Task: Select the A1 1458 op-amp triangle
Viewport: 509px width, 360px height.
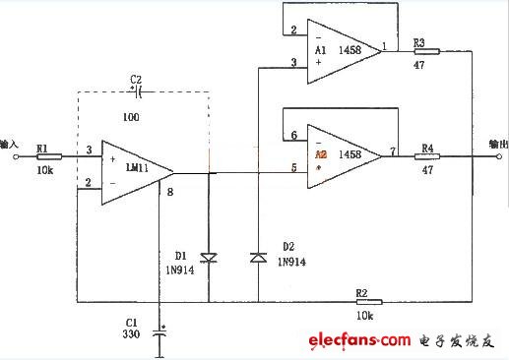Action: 341,51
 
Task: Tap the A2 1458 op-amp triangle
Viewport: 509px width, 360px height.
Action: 341,154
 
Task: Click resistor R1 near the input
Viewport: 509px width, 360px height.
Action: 48,155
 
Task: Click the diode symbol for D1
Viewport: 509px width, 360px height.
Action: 209,258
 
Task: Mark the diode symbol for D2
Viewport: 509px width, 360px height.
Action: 258,258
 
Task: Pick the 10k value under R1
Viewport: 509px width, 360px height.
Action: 44,170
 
